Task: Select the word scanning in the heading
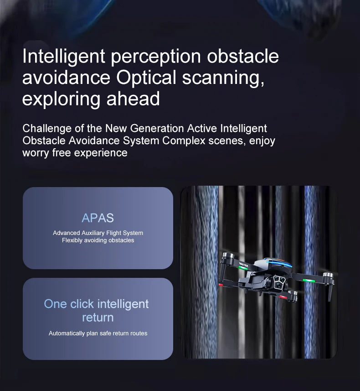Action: coord(223,78)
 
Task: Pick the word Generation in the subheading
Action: coord(154,129)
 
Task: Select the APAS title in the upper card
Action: coord(98,218)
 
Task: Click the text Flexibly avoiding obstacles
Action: coord(98,240)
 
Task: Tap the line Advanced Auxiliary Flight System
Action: coord(98,233)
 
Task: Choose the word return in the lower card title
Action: coord(98,318)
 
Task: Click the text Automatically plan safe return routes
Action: coord(98,334)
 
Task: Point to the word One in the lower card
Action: coord(55,304)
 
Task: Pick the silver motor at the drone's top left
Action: coord(228,255)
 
